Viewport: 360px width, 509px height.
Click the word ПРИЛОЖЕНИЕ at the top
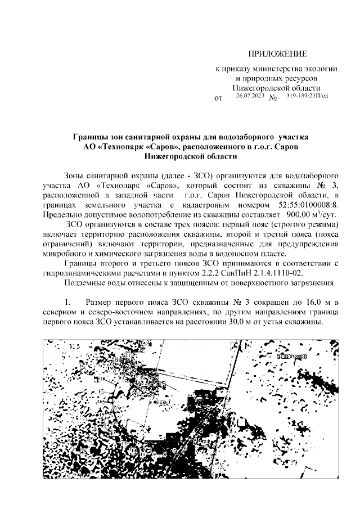[x=277, y=54]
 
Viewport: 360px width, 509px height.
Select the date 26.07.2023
[x=250, y=96]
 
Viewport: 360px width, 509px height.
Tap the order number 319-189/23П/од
[x=308, y=96]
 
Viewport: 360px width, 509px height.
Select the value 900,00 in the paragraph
[x=298, y=215]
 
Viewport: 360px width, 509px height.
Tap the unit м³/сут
[x=326, y=215]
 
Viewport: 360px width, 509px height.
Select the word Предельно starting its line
[x=62, y=215]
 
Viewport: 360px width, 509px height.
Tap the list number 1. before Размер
[x=69, y=304]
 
